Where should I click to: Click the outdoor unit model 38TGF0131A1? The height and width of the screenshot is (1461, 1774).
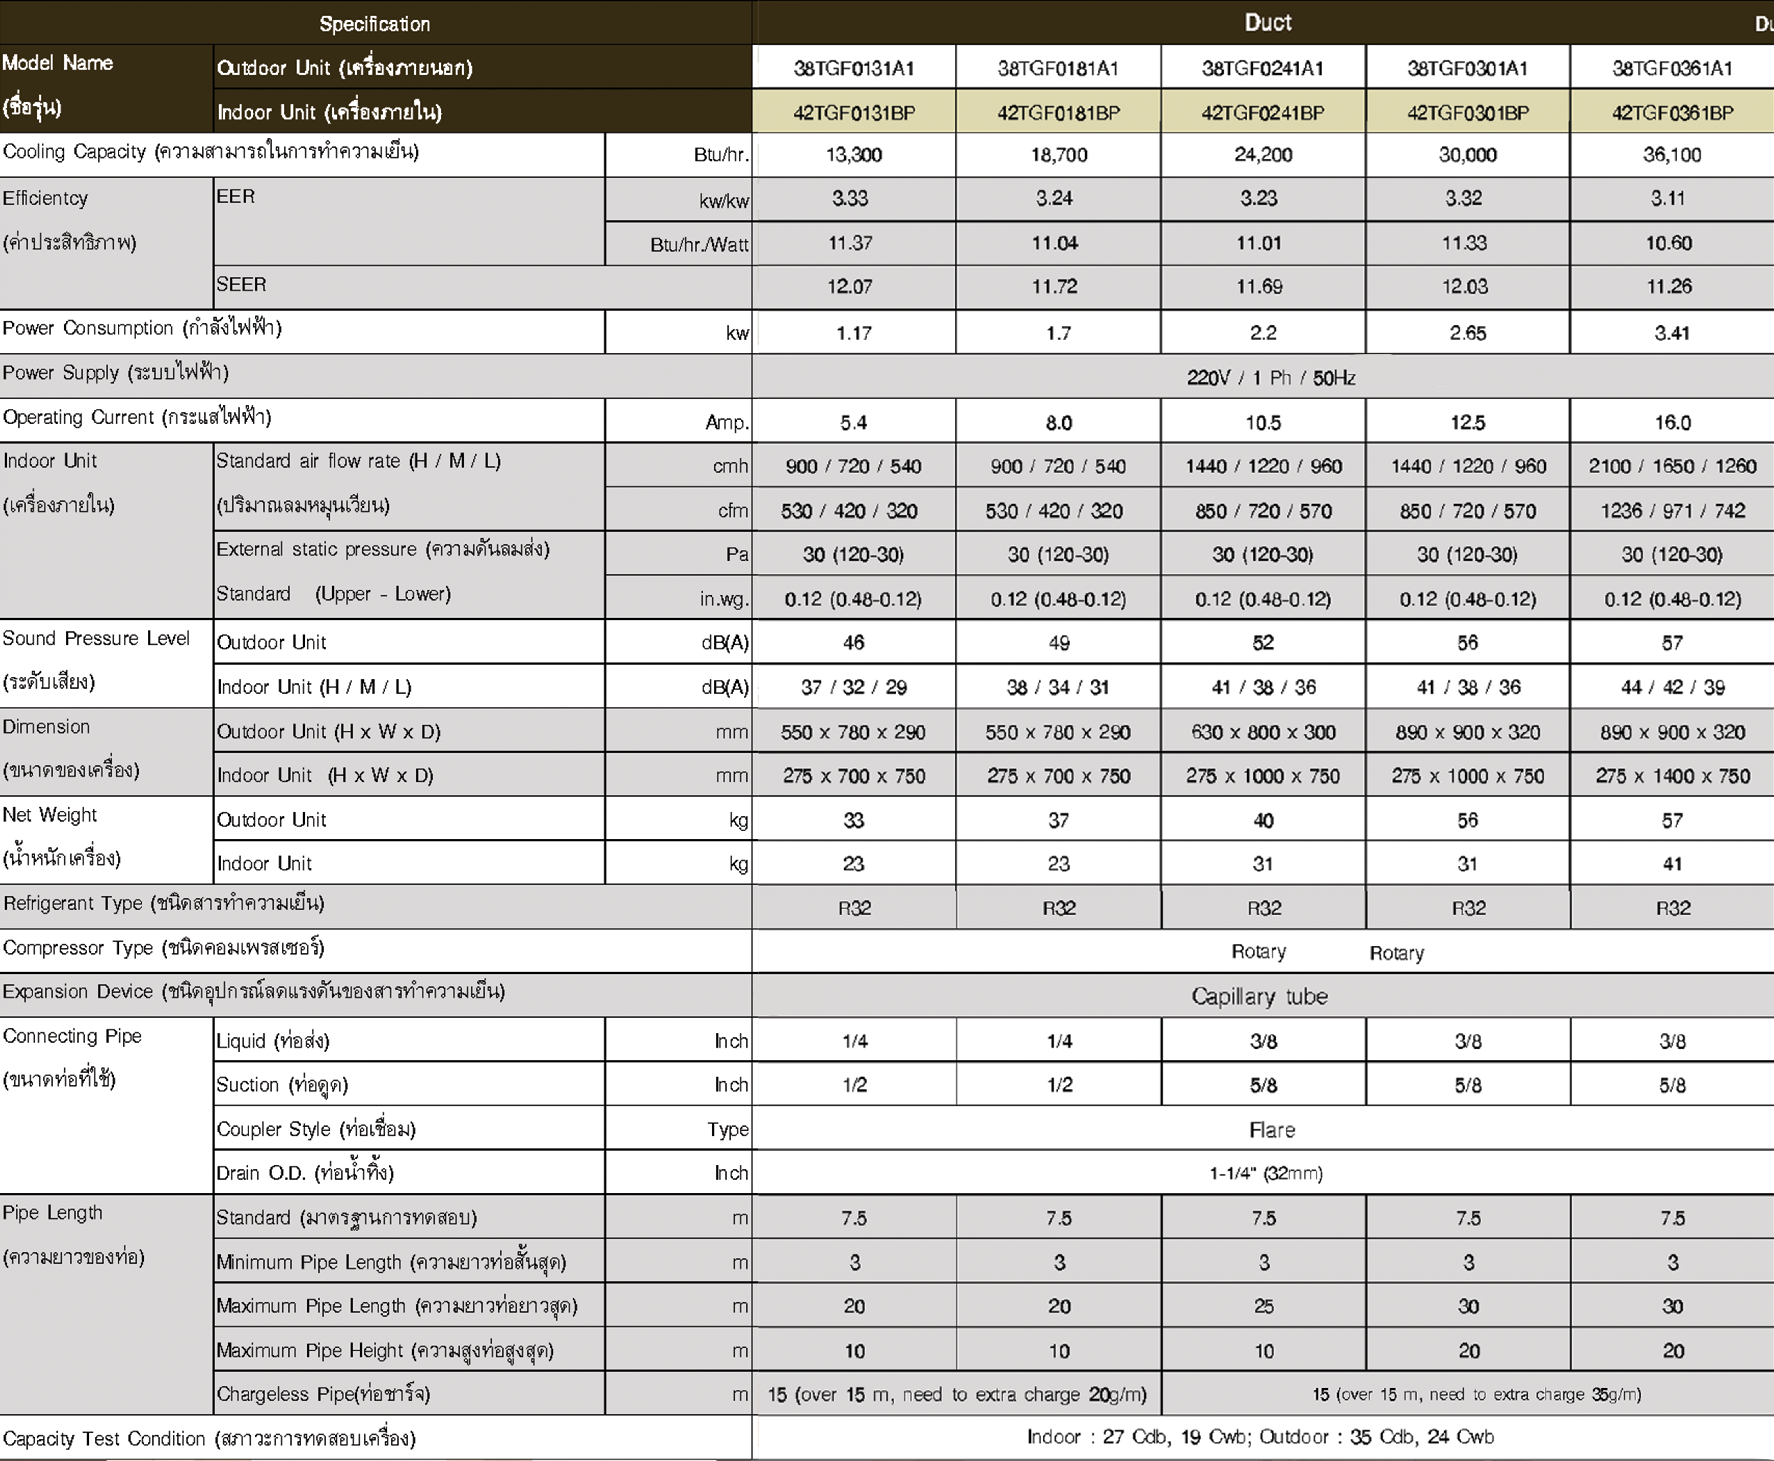coord(854,68)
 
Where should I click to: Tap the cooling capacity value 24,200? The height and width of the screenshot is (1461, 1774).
coord(1263,155)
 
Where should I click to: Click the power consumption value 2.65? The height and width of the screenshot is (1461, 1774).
coord(1467,333)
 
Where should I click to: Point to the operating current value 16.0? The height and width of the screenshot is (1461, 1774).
coord(1672,422)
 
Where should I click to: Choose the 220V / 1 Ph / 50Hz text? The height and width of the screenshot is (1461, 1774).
coord(1270,378)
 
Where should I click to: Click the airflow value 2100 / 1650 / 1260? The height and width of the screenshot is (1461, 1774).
coord(1672,466)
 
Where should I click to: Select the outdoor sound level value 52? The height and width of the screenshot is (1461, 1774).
coord(1263,643)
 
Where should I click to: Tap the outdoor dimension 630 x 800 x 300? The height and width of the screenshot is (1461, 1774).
coord(1263,732)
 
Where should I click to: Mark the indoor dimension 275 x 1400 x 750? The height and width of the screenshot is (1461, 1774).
coord(1672,776)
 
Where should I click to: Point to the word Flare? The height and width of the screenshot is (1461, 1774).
coord(1271,1129)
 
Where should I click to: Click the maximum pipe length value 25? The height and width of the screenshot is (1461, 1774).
coord(1263,1306)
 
